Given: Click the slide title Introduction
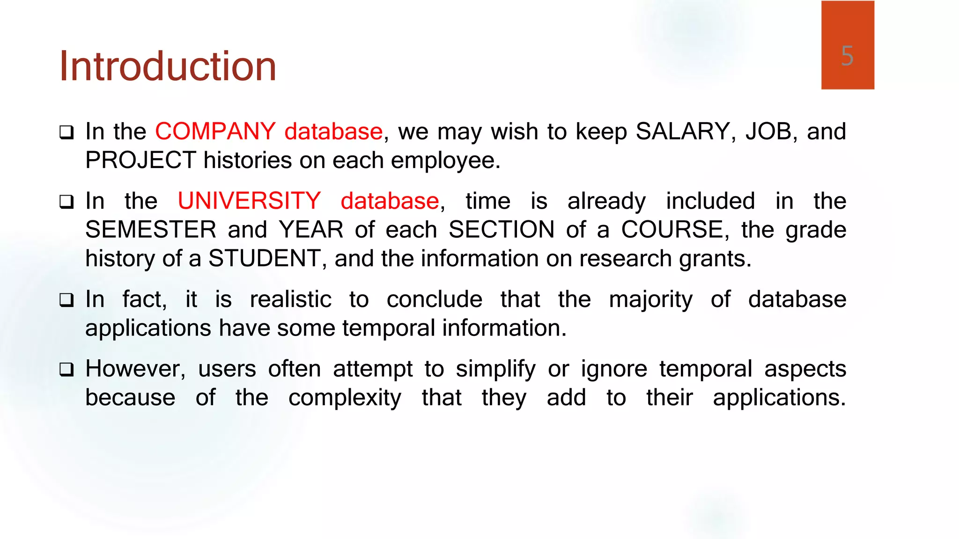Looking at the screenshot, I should tap(168, 66).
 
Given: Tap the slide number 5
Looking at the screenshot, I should tap(847, 56).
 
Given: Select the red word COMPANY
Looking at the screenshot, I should tap(215, 131).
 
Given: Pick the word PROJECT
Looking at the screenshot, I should tap(140, 160).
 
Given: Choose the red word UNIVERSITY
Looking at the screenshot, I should tap(249, 201).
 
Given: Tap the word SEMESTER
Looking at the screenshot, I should tap(151, 230).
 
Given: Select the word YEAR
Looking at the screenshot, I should tap(311, 230).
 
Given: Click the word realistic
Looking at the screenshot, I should tap(291, 299).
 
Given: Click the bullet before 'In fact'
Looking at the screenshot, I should tap(66, 300).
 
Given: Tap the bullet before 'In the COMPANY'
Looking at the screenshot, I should tap(66, 132).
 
